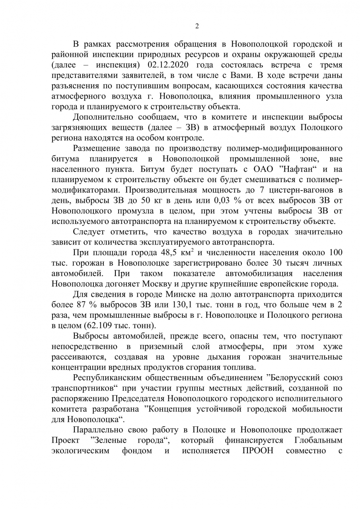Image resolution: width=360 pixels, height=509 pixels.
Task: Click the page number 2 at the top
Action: click(197, 27)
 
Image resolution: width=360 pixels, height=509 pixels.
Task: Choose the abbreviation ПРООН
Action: click(258, 451)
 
